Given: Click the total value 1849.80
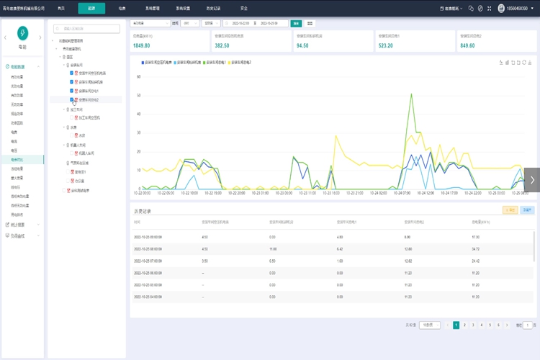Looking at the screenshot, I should [x=142, y=45].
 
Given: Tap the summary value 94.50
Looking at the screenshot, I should [x=302, y=45].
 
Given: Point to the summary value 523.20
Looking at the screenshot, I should [x=386, y=45].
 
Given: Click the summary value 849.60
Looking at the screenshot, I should [x=468, y=45].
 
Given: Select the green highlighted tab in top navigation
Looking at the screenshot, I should [x=91, y=8].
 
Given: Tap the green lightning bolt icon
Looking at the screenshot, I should [x=23, y=33].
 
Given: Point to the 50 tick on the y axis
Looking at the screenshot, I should [x=138, y=95].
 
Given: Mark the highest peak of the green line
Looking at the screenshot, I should [x=411, y=94].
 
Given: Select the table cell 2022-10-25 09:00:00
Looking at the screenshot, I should [x=148, y=236].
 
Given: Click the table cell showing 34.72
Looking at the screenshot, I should [x=475, y=248].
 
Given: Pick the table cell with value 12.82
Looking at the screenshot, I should [x=408, y=260].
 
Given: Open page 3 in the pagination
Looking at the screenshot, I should [x=472, y=325].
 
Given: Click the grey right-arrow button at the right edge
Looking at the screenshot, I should [x=532, y=180].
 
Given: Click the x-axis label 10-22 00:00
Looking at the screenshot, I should [x=142, y=193].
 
